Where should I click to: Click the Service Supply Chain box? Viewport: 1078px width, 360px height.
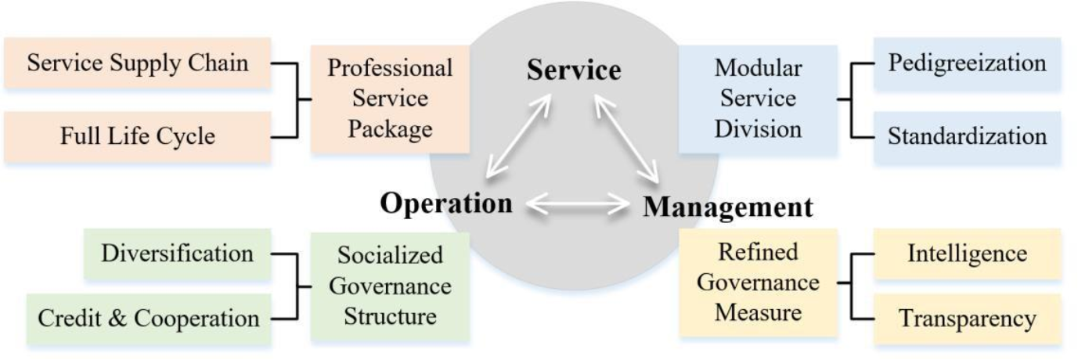(x=137, y=63)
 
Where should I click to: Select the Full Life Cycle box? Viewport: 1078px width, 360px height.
(x=137, y=136)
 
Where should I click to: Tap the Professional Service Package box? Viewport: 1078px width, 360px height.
(x=390, y=99)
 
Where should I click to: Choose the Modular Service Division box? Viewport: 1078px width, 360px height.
(x=758, y=99)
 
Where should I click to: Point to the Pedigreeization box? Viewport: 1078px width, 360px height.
(x=967, y=63)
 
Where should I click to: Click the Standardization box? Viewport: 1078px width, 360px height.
(x=967, y=136)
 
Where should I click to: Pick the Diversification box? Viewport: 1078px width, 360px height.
(x=178, y=254)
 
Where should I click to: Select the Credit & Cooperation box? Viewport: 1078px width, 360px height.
(x=149, y=319)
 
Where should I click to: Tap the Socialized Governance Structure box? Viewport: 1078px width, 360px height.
(x=390, y=286)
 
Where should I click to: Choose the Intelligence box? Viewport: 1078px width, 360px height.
(x=967, y=254)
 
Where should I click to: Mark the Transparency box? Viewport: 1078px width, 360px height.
(x=967, y=319)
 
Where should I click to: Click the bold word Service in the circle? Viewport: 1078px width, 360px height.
(x=574, y=70)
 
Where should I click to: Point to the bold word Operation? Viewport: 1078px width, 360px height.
(x=446, y=203)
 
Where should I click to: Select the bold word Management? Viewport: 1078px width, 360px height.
(x=727, y=207)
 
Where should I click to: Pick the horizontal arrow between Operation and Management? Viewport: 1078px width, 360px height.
(x=578, y=205)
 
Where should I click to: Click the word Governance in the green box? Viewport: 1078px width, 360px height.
(x=390, y=286)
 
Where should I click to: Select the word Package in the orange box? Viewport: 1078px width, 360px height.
(x=390, y=128)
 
